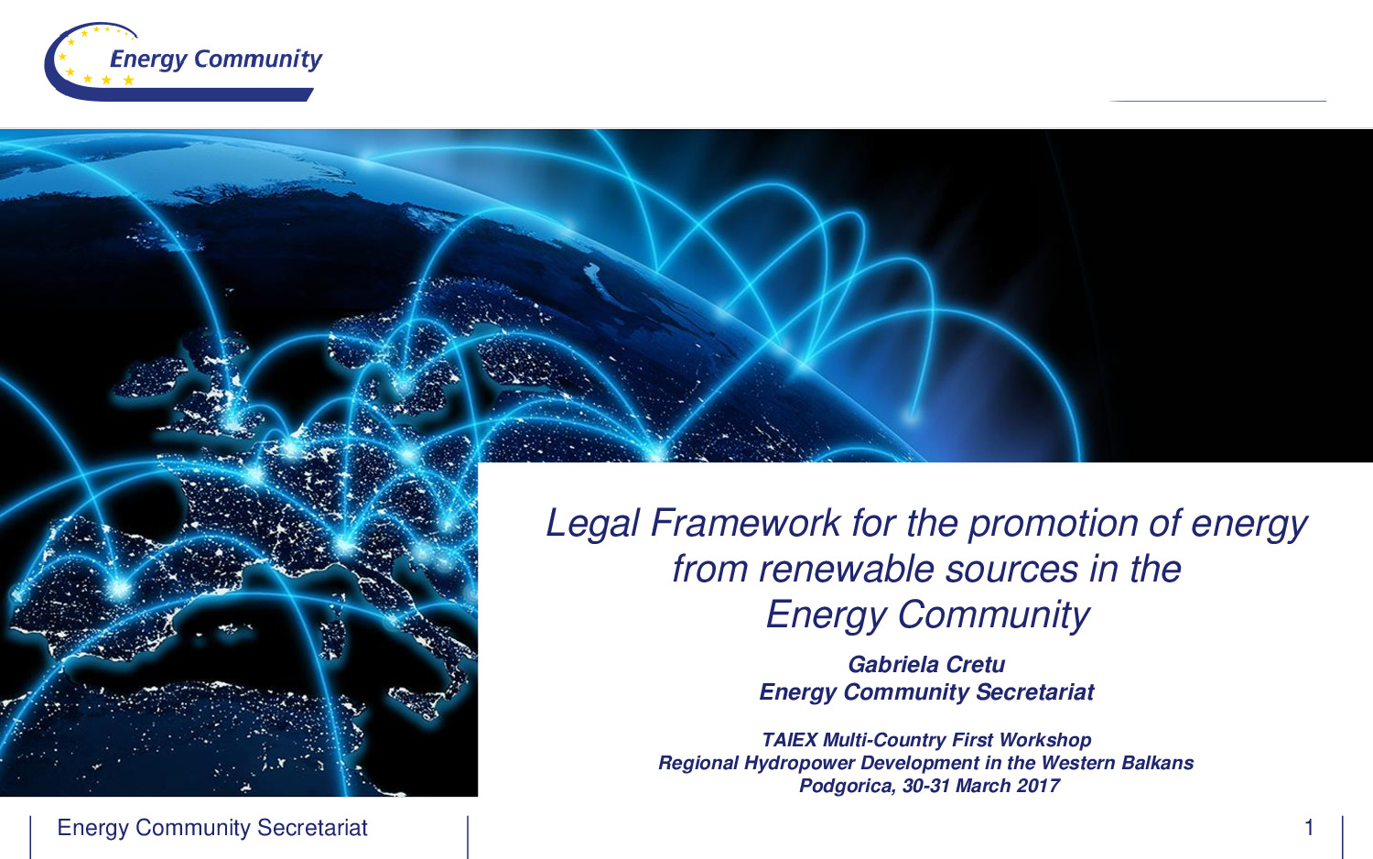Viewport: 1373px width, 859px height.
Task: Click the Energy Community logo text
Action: pyautogui.click(x=216, y=60)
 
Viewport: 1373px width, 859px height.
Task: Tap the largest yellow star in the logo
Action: pyautogui.click(x=128, y=81)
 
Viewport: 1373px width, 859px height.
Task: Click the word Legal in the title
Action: pyautogui.click(x=592, y=524)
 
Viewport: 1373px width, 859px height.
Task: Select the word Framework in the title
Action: pyautogui.click(x=745, y=523)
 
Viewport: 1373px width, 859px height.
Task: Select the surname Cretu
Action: pyautogui.click(x=975, y=665)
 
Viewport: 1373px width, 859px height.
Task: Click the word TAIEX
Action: pyautogui.click(x=789, y=740)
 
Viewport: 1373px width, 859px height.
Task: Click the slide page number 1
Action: pyautogui.click(x=1309, y=828)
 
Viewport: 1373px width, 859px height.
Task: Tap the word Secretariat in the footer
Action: pyautogui.click(x=312, y=828)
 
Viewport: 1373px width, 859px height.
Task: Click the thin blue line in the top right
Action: pyautogui.click(x=1218, y=101)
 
